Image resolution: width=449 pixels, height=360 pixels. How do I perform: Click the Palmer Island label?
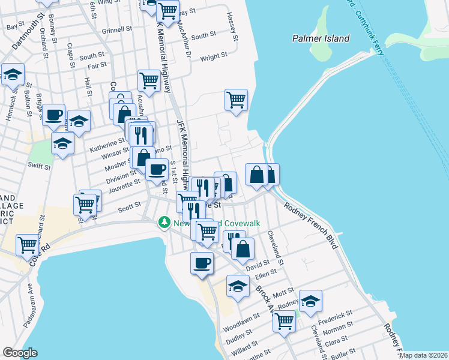point(321,38)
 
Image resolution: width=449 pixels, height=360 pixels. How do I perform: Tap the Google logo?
point(20,353)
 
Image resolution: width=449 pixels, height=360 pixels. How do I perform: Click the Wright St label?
point(214,57)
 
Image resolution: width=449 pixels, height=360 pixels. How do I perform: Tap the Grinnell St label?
point(116,29)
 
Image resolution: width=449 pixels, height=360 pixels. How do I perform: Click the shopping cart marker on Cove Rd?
point(28,245)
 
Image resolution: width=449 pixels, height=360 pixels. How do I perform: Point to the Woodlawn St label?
point(241,322)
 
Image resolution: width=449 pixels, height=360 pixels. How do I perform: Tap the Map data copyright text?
point(423,355)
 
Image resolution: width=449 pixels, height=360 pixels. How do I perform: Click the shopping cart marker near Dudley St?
point(284,321)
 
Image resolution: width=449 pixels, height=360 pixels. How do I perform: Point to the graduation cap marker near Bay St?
point(13,74)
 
